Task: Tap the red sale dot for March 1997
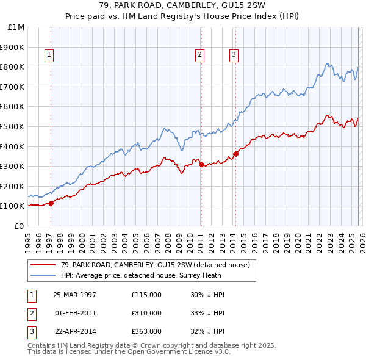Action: coord(51,203)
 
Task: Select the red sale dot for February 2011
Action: coord(201,164)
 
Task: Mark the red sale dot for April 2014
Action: coord(235,154)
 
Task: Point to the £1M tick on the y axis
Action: coord(16,27)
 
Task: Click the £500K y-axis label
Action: coord(13,127)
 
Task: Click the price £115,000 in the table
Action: coord(146,294)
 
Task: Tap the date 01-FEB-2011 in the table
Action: coord(75,313)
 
